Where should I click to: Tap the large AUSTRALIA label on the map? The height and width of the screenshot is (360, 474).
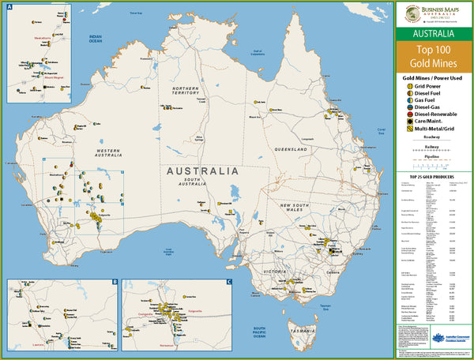pyautogui.click(x=201, y=171)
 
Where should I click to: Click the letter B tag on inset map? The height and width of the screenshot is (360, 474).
pyautogui.click(x=115, y=282)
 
